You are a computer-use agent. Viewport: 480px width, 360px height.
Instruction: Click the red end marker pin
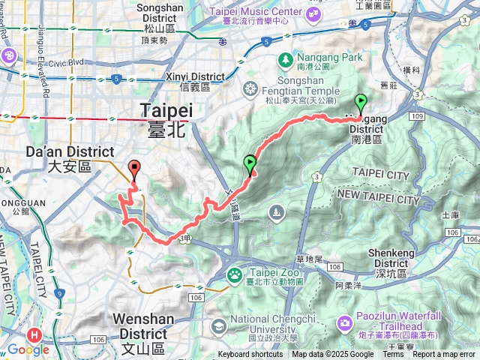coord(135,169)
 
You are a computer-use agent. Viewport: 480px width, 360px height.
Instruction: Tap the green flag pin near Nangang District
coord(361,103)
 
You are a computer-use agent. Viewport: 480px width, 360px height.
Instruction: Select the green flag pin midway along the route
coord(249,163)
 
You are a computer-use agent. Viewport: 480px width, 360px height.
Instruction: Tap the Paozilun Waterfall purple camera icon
coord(344,323)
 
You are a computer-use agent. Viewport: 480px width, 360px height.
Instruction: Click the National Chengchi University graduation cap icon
coord(218,326)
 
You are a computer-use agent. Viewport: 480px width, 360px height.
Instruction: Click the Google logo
coord(28,349)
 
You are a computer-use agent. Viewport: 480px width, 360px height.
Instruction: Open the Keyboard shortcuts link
coord(250,355)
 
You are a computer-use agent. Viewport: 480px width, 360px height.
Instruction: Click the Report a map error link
coord(445,355)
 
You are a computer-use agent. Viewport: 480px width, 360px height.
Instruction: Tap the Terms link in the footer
coord(393,355)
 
